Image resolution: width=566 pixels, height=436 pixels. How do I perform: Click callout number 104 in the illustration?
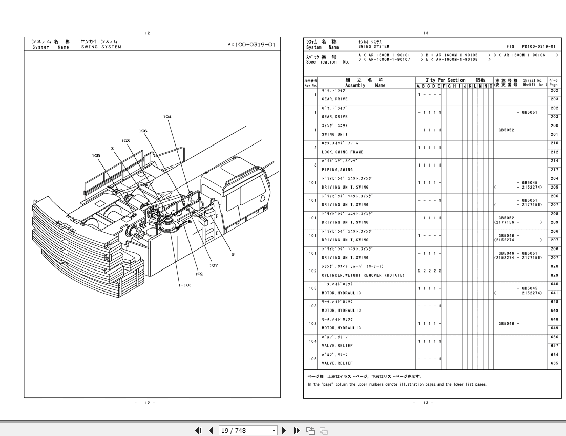tap(167, 117)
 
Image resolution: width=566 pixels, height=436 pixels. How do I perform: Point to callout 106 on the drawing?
tap(142, 131)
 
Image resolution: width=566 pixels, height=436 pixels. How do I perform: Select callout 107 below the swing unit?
tap(213, 265)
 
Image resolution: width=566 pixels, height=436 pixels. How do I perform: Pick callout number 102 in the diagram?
tap(199, 274)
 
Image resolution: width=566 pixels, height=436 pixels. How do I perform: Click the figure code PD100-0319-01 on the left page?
tap(251, 44)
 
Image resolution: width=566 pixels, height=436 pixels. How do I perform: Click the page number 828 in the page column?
tap(554, 267)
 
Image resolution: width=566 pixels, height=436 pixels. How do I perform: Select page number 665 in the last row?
tap(554, 363)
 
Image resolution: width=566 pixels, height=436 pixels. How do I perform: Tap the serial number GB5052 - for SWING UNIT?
tap(509, 130)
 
